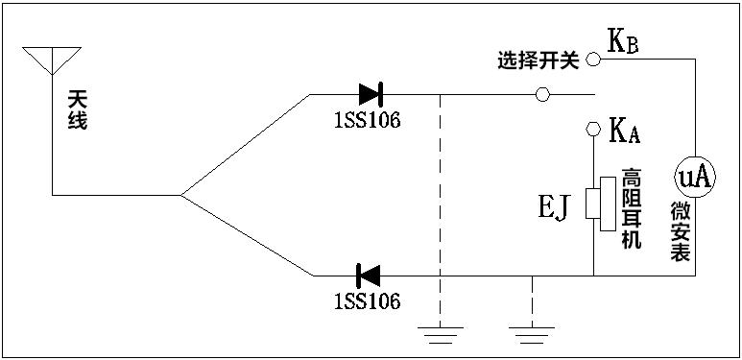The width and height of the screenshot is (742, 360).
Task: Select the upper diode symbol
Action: tap(371, 94)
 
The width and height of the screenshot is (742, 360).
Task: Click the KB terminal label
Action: tap(623, 43)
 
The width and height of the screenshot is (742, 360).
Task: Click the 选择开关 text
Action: tap(539, 61)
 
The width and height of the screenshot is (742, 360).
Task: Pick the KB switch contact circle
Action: tap(593, 60)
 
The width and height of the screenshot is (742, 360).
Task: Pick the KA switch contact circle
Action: tap(593, 129)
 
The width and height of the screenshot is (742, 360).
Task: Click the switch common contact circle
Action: tap(541, 94)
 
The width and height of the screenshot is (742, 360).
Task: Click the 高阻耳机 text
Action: tap(631, 208)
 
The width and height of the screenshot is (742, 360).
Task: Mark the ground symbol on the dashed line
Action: tap(440, 334)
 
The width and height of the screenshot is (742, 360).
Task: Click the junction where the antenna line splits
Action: tap(180, 195)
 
